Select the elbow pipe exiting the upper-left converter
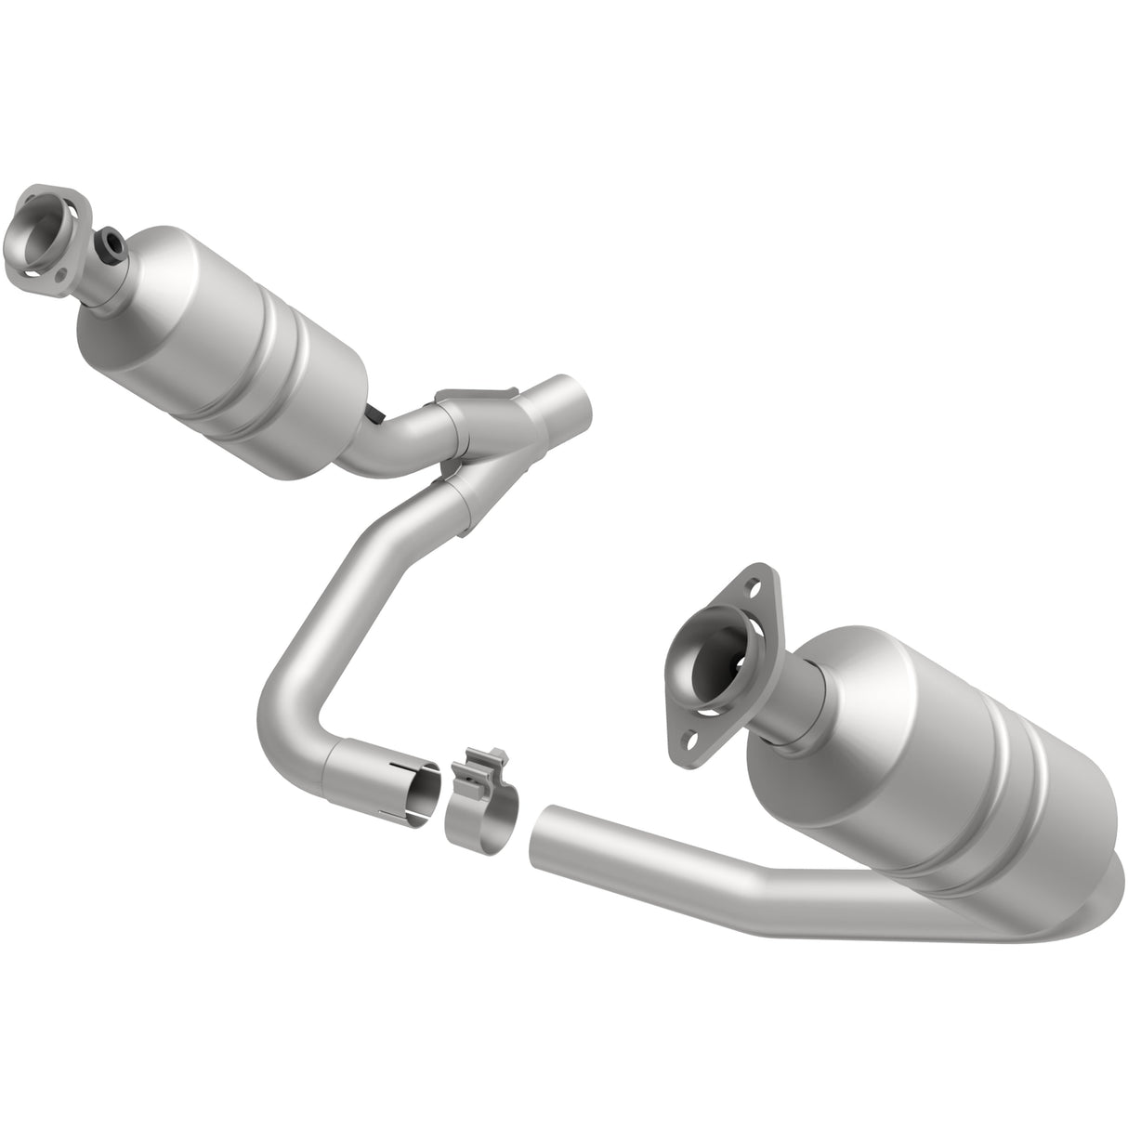390,446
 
